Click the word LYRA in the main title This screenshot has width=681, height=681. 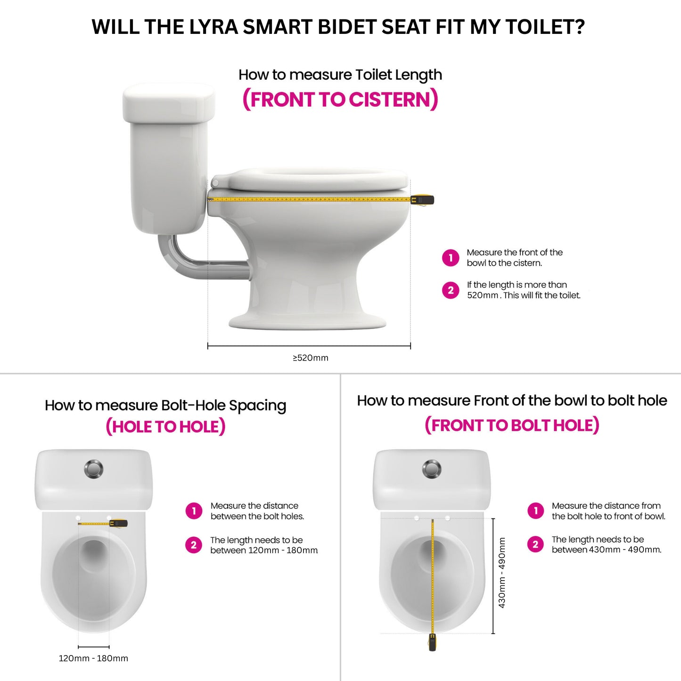[213, 27]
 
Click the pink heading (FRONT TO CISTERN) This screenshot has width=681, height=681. [340, 100]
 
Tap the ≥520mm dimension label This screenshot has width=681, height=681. [311, 358]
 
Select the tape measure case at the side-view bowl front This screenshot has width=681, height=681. [422, 200]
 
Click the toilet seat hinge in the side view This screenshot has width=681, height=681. [215, 182]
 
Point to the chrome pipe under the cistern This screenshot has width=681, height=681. [198, 264]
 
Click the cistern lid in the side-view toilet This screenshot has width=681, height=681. [169, 103]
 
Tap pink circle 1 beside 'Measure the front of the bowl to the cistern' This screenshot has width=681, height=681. [451, 258]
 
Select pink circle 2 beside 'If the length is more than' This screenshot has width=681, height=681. [451, 290]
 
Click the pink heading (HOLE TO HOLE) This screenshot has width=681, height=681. [165, 427]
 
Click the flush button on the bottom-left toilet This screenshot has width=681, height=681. [94, 469]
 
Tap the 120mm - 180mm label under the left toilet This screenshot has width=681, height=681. [93, 658]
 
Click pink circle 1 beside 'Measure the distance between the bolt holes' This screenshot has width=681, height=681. [194, 511]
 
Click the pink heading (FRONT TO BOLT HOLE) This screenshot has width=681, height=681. [512, 425]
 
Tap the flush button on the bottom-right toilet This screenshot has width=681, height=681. [432, 469]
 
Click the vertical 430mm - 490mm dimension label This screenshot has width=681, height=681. [502, 573]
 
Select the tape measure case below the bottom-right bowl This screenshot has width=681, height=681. [432, 642]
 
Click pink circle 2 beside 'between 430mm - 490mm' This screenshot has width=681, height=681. [535, 544]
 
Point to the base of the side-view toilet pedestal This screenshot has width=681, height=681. [307, 322]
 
